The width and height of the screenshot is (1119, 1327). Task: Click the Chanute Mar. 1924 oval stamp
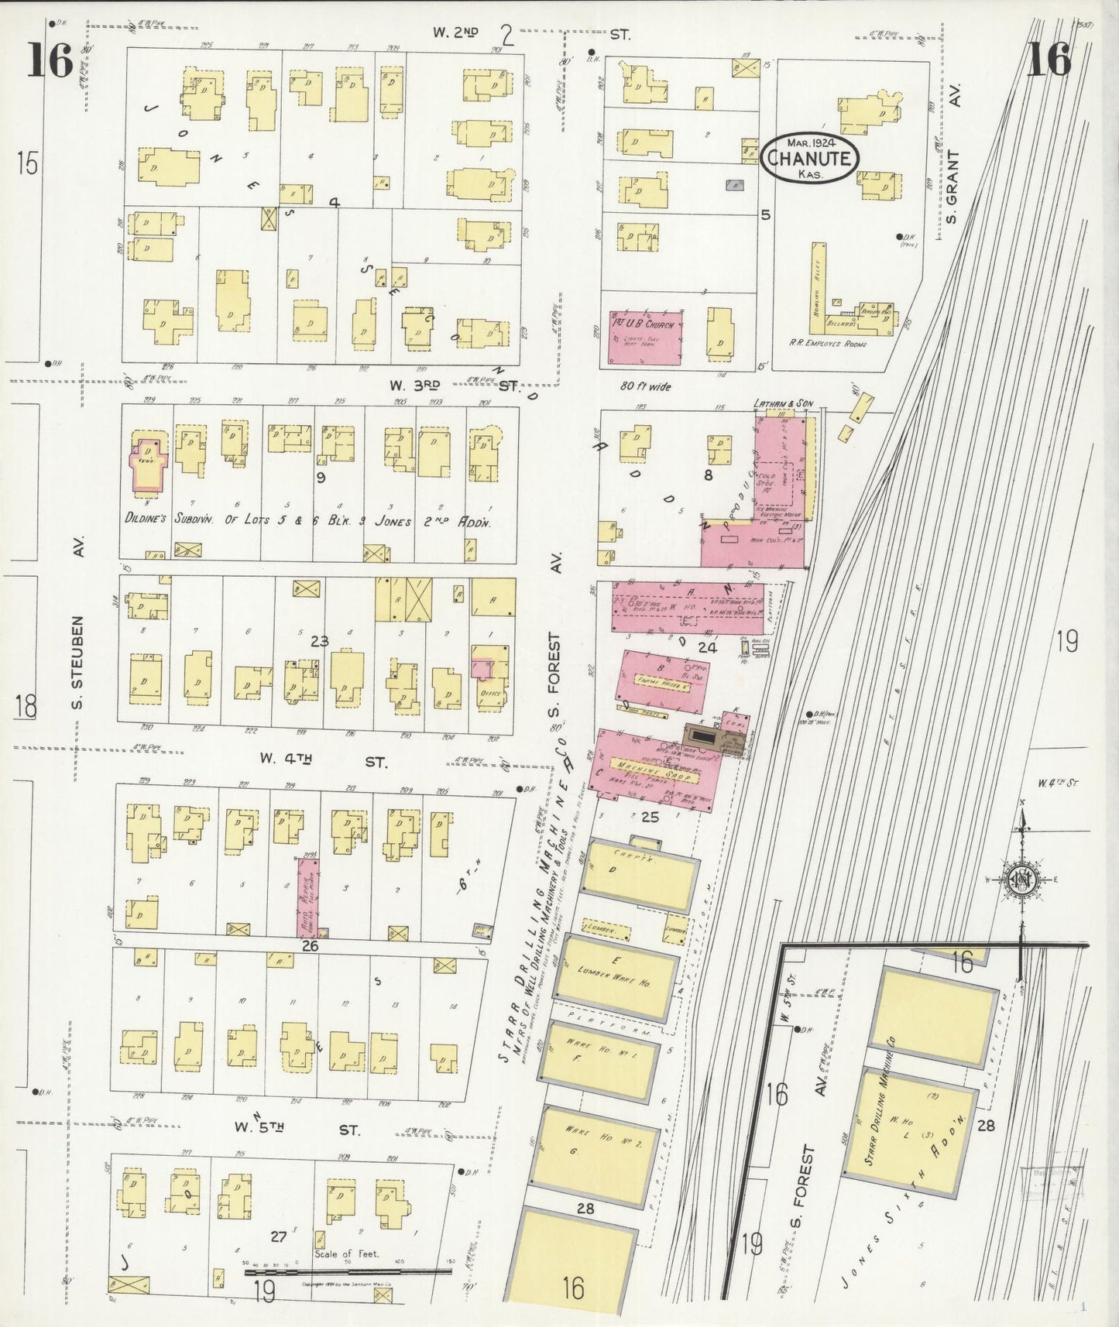(809, 159)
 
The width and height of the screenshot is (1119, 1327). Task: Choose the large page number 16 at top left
(50, 60)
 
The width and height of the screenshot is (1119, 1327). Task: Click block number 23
(319, 641)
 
